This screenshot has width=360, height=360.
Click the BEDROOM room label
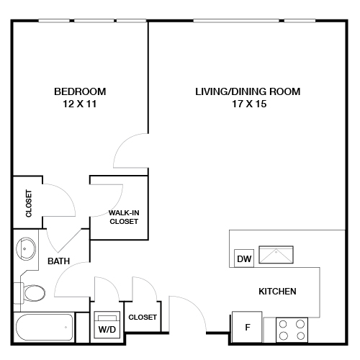[x=80, y=91]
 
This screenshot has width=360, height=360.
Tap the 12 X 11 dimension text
[x=80, y=104]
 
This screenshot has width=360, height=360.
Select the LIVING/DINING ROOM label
[x=247, y=91]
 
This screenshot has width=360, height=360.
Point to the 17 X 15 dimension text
[x=247, y=104]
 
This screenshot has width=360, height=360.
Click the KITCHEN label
[x=278, y=292]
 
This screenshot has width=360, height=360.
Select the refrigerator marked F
[x=247, y=327]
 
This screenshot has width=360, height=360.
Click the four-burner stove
[x=292, y=330]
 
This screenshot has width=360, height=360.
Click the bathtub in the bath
[x=45, y=328]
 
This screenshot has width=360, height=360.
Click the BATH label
[x=59, y=262]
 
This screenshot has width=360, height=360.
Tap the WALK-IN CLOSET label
[x=123, y=217]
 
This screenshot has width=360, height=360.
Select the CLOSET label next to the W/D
[x=142, y=317]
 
